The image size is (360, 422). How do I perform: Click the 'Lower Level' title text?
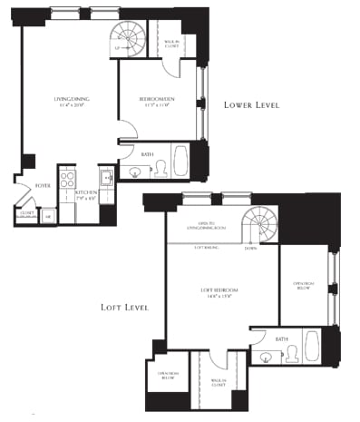(x=251, y=105)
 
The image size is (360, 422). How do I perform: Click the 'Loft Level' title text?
(x=125, y=308)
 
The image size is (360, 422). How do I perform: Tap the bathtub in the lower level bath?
(x=179, y=162)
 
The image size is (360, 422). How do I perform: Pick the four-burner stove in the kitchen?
(x=66, y=178)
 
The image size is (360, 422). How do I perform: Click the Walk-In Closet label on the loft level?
(x=218, y=382)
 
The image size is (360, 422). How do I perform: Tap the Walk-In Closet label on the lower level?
(x=170, y=43)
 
